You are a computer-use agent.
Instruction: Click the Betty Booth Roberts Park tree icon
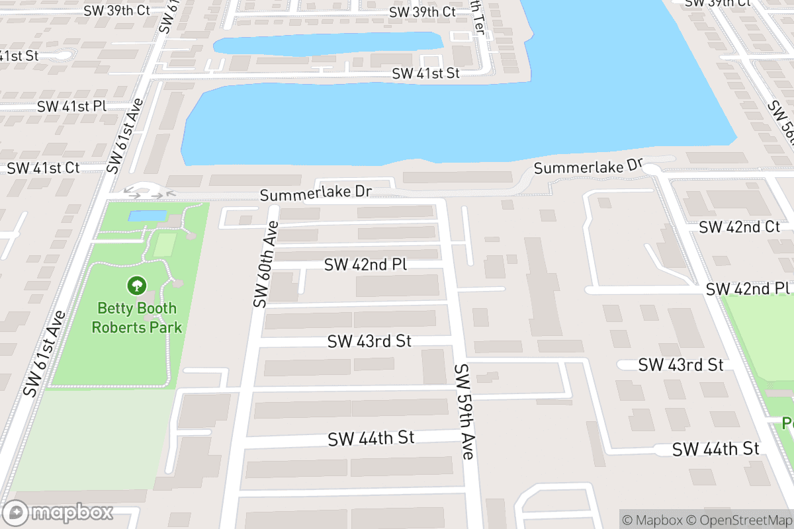(137, 286)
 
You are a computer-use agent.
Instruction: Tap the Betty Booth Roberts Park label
(137, 317)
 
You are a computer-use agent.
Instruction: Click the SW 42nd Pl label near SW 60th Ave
(365, 264)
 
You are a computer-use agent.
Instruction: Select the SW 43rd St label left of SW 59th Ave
(369, 341)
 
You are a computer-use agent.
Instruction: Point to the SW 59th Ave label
(464, 411)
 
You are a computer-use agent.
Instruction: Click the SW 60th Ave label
(265, 264)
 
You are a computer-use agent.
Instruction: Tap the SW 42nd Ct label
(739, 227)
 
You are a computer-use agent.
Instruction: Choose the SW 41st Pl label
(71, 106)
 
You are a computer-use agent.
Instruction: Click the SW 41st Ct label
(44, 168)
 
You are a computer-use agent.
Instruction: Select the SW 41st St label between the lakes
(425, 73)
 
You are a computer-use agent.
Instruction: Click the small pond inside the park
(147, 216)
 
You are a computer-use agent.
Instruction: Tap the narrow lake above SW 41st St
(328, 44)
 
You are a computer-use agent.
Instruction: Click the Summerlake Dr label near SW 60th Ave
(316, 194)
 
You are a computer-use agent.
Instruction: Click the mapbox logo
(58, 512)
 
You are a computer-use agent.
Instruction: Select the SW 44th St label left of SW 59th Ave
(371, 438)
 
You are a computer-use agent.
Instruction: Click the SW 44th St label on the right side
(715, 449)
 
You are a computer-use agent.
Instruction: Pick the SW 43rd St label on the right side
(681, 364)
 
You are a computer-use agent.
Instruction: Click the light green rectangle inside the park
(164, 245)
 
